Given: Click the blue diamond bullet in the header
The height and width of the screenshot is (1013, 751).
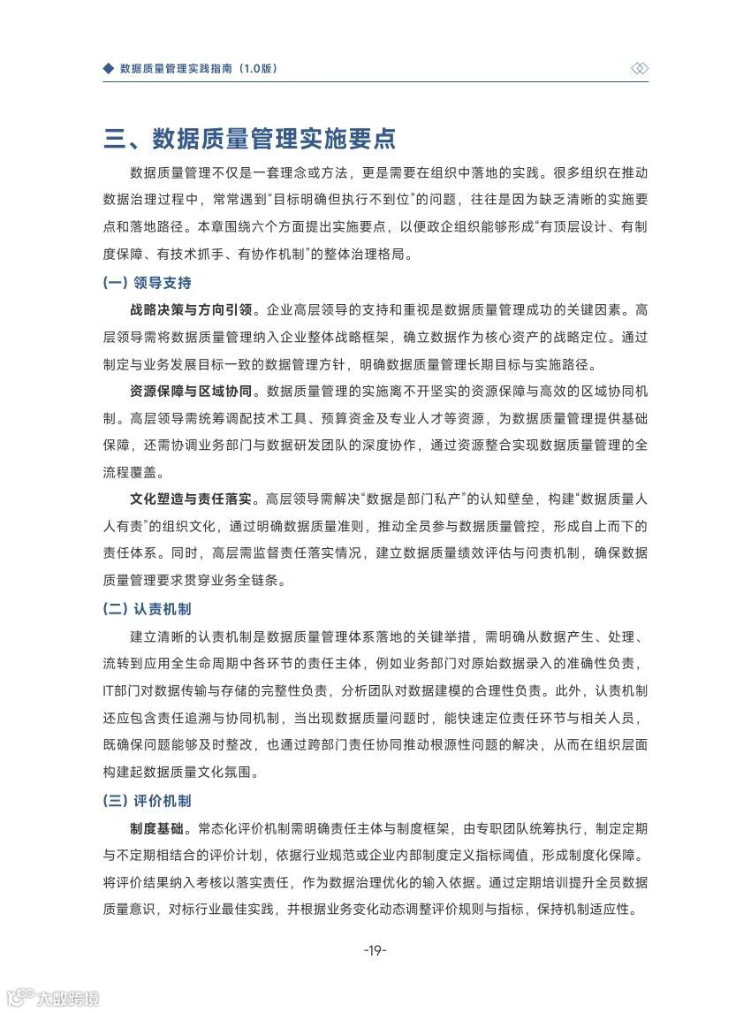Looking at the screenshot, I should tap(109, 68).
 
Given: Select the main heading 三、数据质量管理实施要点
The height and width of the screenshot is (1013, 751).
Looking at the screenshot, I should tap(249, 139).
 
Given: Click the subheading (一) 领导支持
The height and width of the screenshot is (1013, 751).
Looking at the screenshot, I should tap(147, 284).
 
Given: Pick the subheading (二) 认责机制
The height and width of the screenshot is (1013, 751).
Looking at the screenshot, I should tap(147, 609).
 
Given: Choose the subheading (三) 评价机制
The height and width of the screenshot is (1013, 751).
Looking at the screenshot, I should tap(147, 801).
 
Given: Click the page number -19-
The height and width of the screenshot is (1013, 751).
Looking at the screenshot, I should tap(375, 950).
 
